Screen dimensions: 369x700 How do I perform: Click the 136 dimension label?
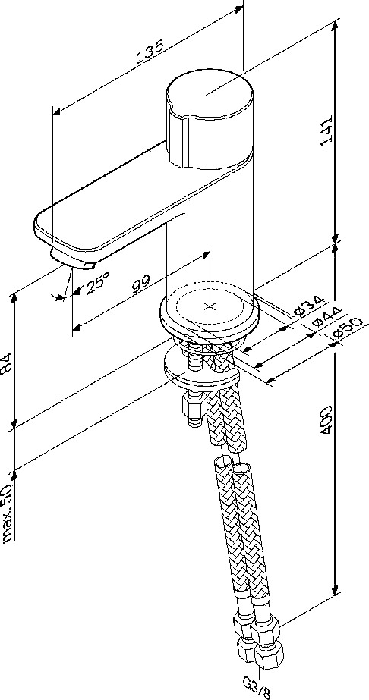150,52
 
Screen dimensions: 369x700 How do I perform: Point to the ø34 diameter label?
310,306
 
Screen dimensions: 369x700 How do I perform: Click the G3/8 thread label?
257,688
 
